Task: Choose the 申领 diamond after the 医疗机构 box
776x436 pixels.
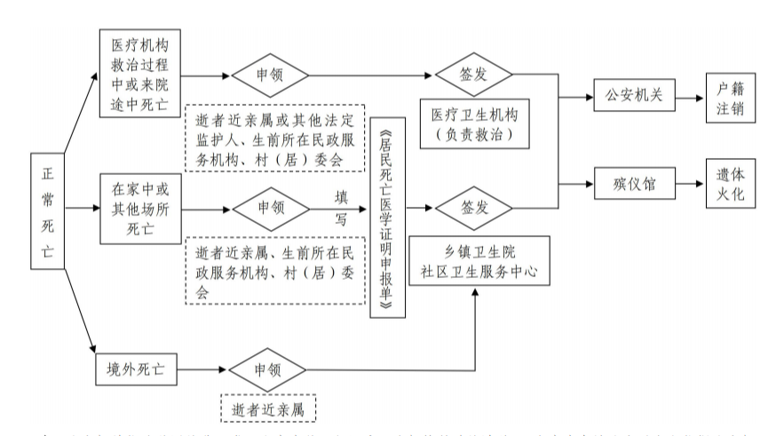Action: pyautogui.click(x=269, y=74)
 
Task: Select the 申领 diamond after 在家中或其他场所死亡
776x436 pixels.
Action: pyautogui.click(x=271, y=210)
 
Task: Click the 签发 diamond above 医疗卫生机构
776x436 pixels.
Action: pyautogui.click(x=474, y=74)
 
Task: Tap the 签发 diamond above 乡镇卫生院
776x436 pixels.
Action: pyautogui.click(x=474, y=210)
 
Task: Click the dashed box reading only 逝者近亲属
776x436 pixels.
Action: pyautogui.click(x=269, y=408)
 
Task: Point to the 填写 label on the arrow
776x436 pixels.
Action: pyautogui.click(x=340, y=204)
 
